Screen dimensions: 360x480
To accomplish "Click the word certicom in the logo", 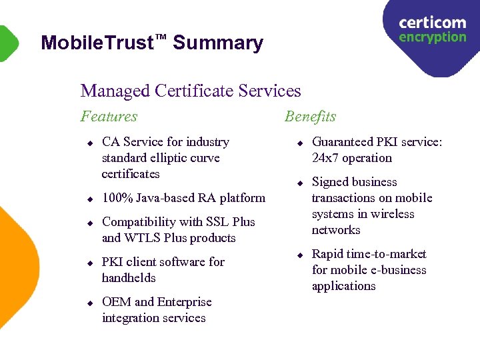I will (432, 23).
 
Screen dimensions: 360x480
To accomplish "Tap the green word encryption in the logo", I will (432, 37).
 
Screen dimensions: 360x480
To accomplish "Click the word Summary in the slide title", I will (218, 43).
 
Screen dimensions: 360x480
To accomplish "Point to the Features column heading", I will (109, 117).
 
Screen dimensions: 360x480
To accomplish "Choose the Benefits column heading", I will (310, 117).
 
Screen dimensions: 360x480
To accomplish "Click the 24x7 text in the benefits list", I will (326, 158).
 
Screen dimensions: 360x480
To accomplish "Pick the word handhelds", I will (129, 278).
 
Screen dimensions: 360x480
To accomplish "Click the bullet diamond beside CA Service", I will (89, 143).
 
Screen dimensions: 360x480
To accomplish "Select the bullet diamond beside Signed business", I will (299, 183).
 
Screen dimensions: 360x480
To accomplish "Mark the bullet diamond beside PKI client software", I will (89, 263).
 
